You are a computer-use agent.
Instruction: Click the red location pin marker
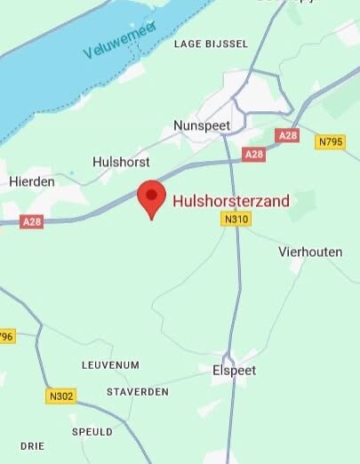151,197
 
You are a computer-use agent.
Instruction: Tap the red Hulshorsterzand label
230,201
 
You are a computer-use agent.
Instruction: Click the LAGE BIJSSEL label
211,44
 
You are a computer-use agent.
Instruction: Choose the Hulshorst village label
121,163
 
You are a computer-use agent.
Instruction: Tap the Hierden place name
31,180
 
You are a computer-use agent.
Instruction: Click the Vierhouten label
310,252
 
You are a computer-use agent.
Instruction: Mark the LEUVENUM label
110,365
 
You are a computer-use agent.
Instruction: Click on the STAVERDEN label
137,392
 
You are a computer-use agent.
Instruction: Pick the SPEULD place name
92,432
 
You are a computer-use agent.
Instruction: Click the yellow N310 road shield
236,219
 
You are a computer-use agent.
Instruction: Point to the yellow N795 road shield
330,140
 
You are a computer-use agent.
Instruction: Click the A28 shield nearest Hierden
32,221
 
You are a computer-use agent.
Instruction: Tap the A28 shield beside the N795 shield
286,135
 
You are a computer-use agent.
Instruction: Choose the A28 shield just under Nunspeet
253,155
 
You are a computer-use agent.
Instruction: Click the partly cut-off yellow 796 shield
6,336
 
